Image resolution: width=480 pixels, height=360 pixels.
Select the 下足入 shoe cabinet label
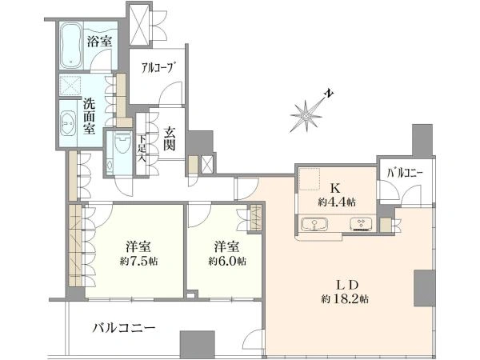tap(142, 147)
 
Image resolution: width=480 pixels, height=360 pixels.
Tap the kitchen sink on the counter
tap(317, 224)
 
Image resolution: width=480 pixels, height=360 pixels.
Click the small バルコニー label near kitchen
tap(406, 173)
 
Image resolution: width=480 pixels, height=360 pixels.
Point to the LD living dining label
tap(347, 284)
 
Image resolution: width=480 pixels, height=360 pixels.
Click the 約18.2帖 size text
tap(346, 299)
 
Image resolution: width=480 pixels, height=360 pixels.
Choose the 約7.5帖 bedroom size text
tap(138, 262)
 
